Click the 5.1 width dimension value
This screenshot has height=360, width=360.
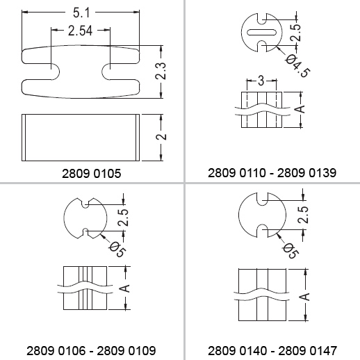pyautogui.click(x=81, y=13)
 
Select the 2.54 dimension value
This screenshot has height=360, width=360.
pyautogui.click(x=80, y=31)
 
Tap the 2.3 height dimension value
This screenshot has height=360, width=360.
pyautogui.click(x=161, y=71)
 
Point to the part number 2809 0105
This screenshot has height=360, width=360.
pyautogui.click(x=92, y=173)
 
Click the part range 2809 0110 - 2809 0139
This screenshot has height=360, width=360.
pyautogui.click(x=272, y=173)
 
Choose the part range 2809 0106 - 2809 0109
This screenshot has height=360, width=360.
pyautogui.click(x=91, y=351)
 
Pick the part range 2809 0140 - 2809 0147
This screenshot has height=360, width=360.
pyautogui.click(x=272, y=351)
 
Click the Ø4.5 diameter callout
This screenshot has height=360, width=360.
pyautogui.click(x=298, y=66)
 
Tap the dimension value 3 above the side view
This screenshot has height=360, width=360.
pyautogui.click(x=261, y=81)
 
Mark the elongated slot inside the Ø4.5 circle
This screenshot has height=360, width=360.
pyautogui.click(x=261, y=32)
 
